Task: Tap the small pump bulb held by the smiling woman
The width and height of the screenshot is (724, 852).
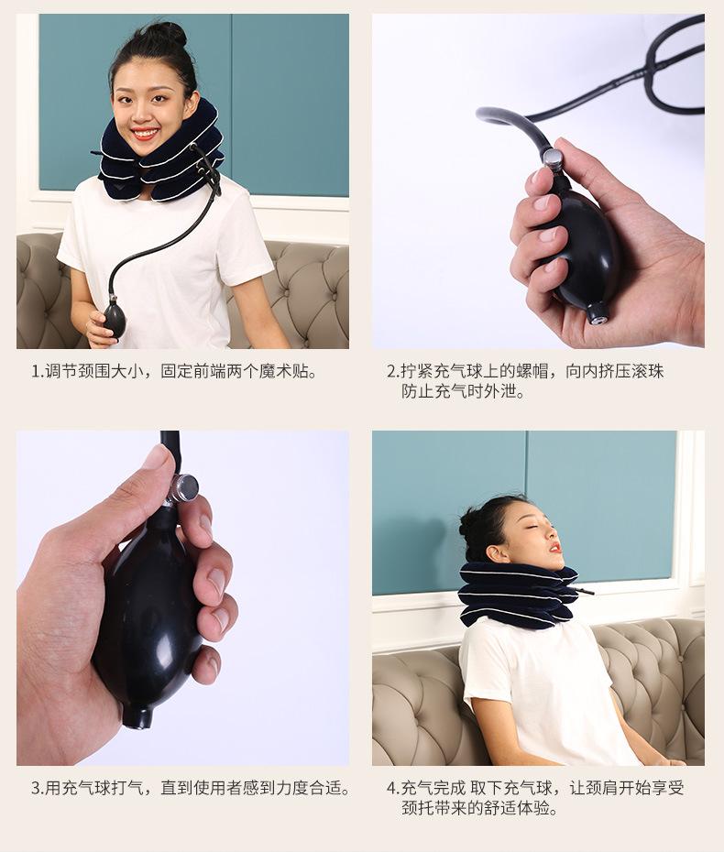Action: pos(115,318)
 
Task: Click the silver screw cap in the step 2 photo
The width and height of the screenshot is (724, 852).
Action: pos(554,158)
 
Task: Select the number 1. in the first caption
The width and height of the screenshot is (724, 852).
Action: pos(38,372)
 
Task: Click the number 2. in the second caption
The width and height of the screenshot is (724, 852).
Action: pos(392,372)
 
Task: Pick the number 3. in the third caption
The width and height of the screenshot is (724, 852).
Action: pos(38,788)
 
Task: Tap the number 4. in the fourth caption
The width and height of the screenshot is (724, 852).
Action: pos(392,788)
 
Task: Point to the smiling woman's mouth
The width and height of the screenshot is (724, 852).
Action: pos(145,134)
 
